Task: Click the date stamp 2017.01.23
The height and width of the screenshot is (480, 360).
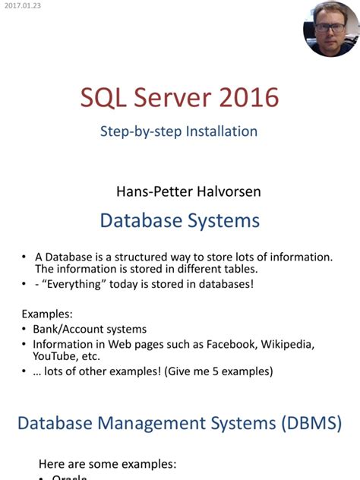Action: tap(21, 5)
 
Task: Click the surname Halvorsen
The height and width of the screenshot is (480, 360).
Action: tap(227, 191)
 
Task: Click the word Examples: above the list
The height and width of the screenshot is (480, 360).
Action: tap(47, 314)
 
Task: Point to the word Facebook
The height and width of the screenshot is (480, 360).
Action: tap(230, 344)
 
